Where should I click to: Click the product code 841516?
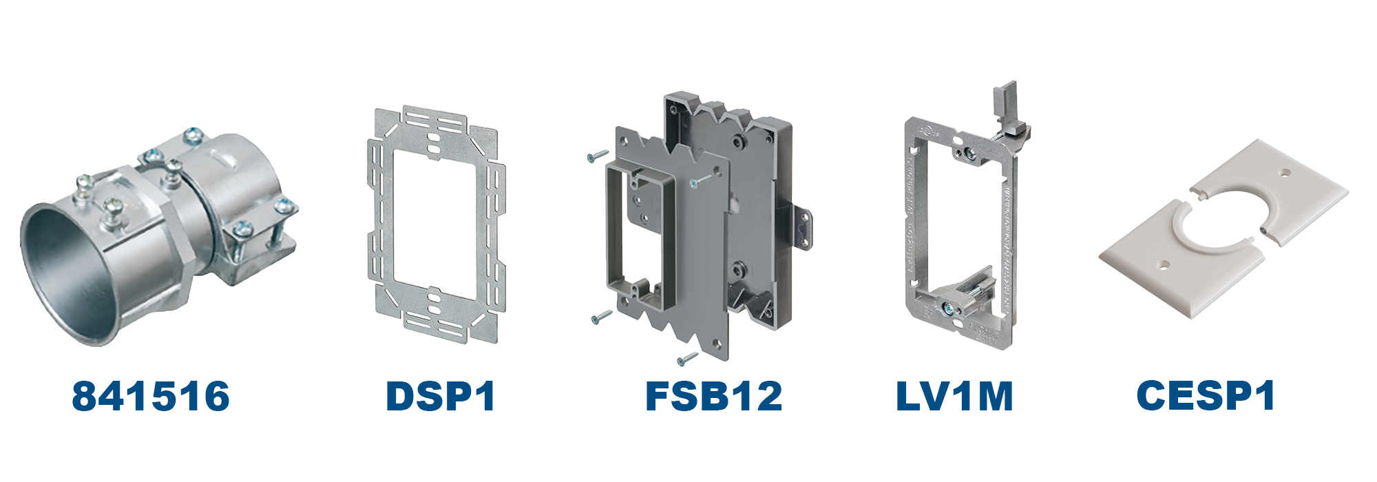pos(151,397)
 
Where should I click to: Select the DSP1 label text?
pos(441,397)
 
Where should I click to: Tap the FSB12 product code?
pos(713,397)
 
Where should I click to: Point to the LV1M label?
pos(954,397)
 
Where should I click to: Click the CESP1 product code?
pos(1206,396)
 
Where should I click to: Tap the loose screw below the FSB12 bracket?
pos(687,359)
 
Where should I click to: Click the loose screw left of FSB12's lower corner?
pos(601,317)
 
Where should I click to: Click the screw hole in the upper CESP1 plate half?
pos(1285,174)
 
